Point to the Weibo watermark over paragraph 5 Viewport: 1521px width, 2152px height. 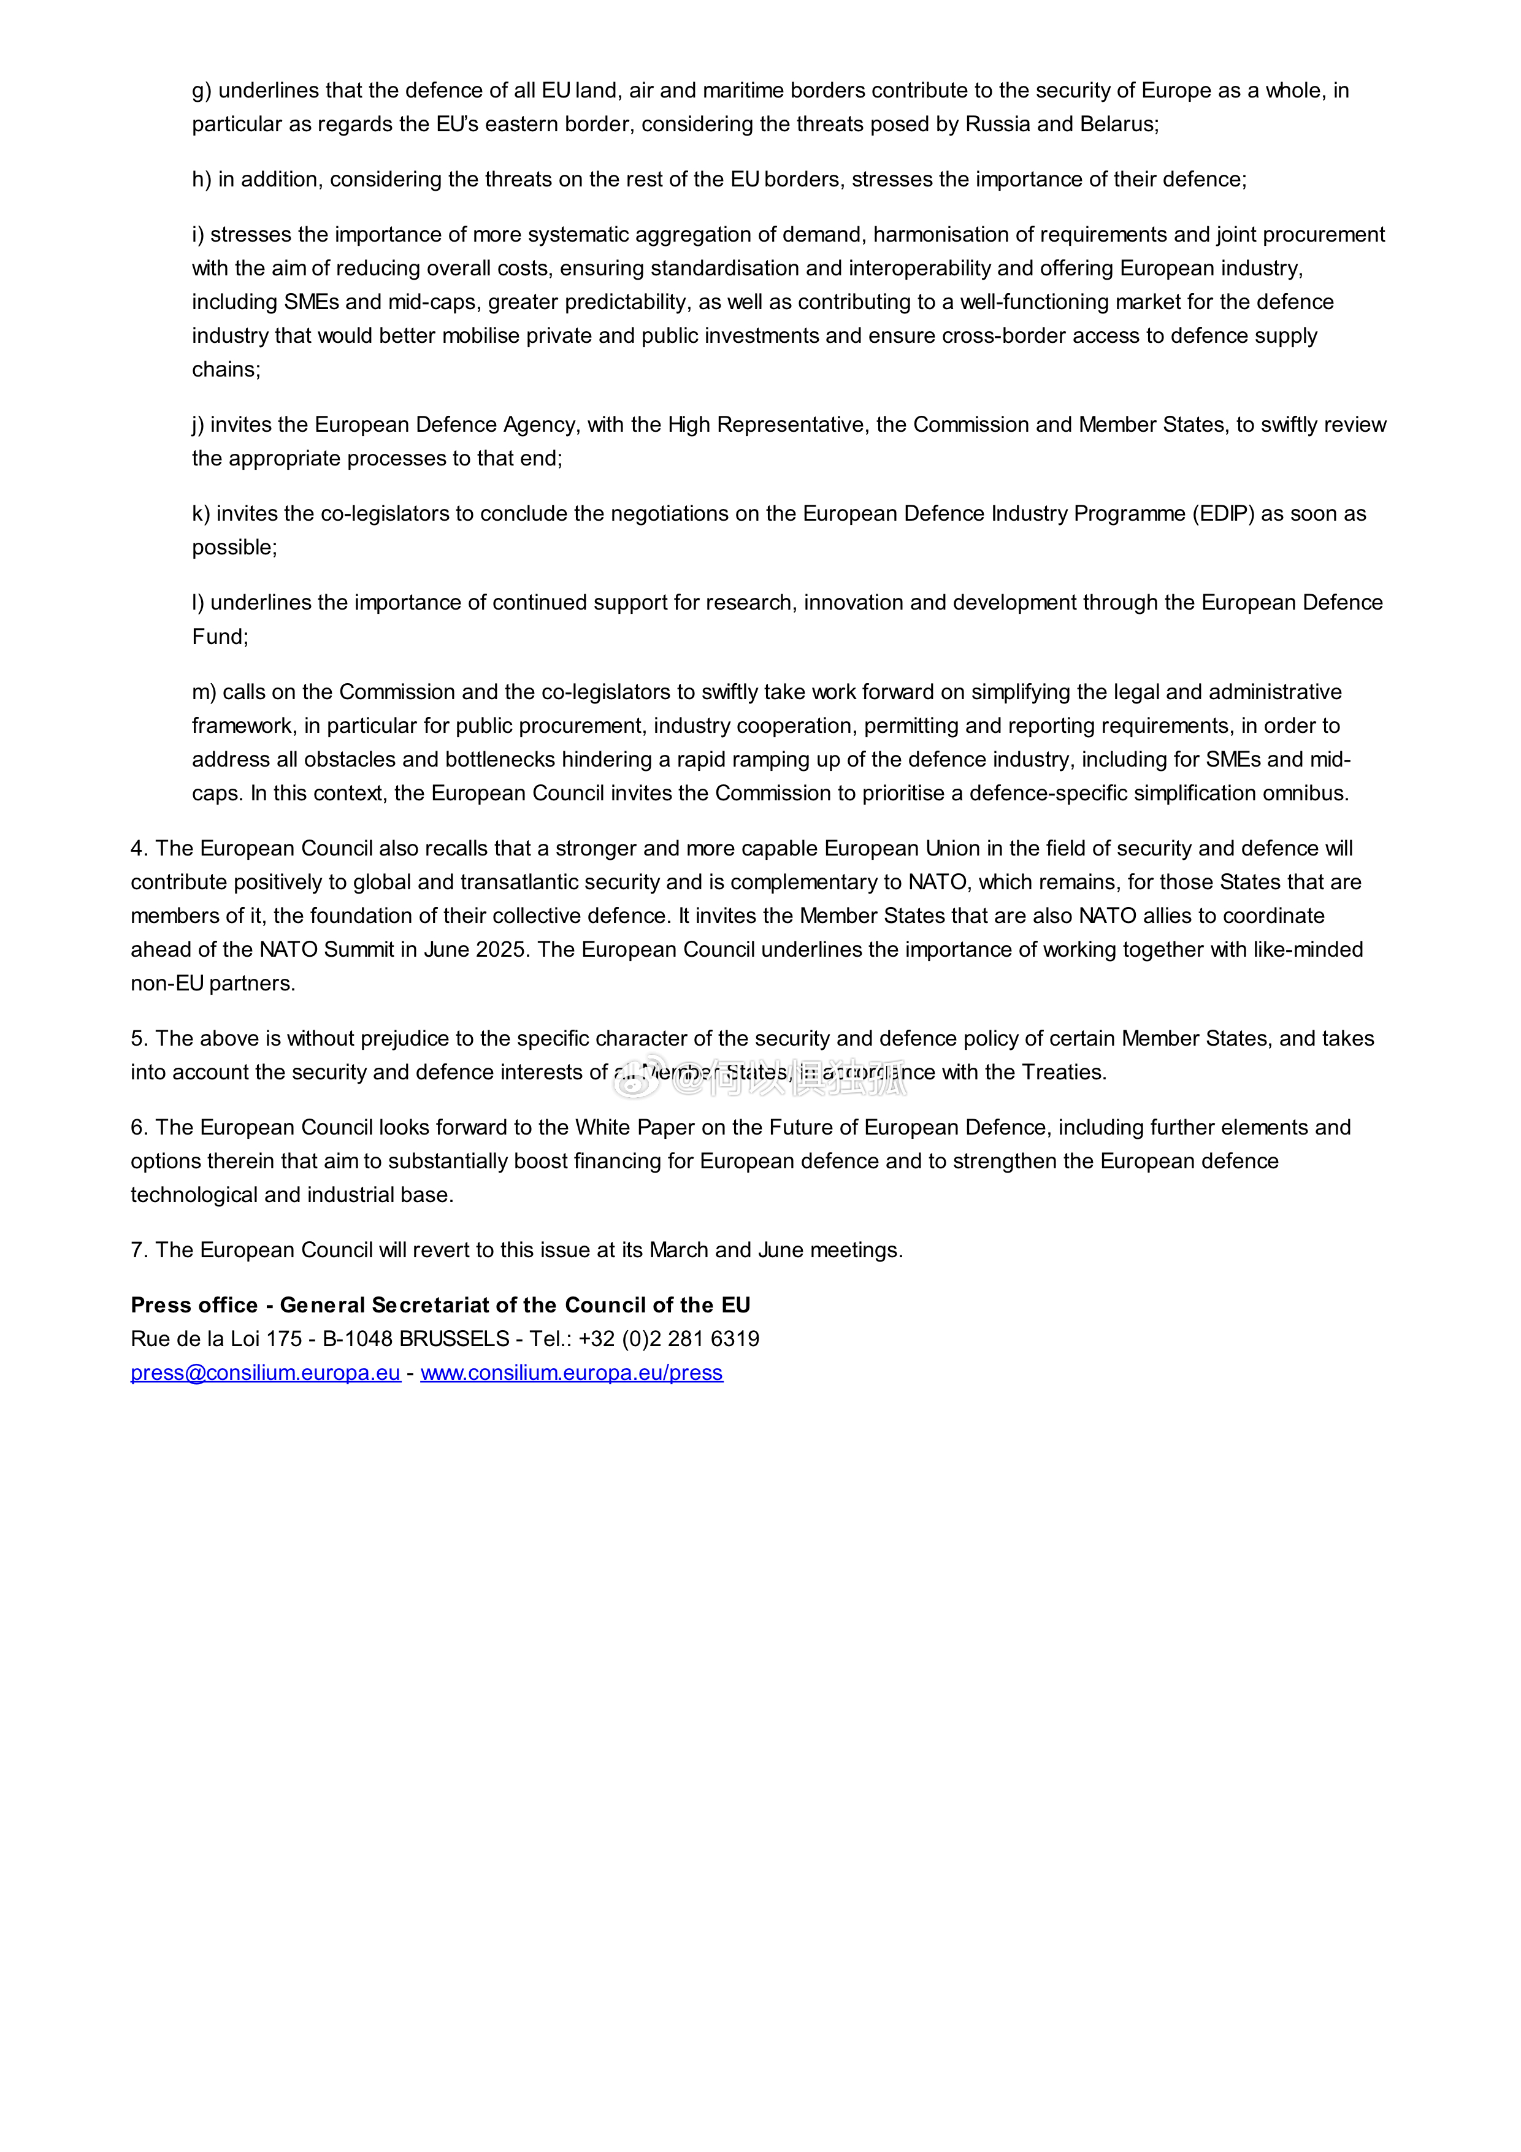760,1081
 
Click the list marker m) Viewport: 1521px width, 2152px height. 204,692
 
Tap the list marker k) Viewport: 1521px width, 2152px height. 202,514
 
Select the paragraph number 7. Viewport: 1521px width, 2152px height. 139,1250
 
